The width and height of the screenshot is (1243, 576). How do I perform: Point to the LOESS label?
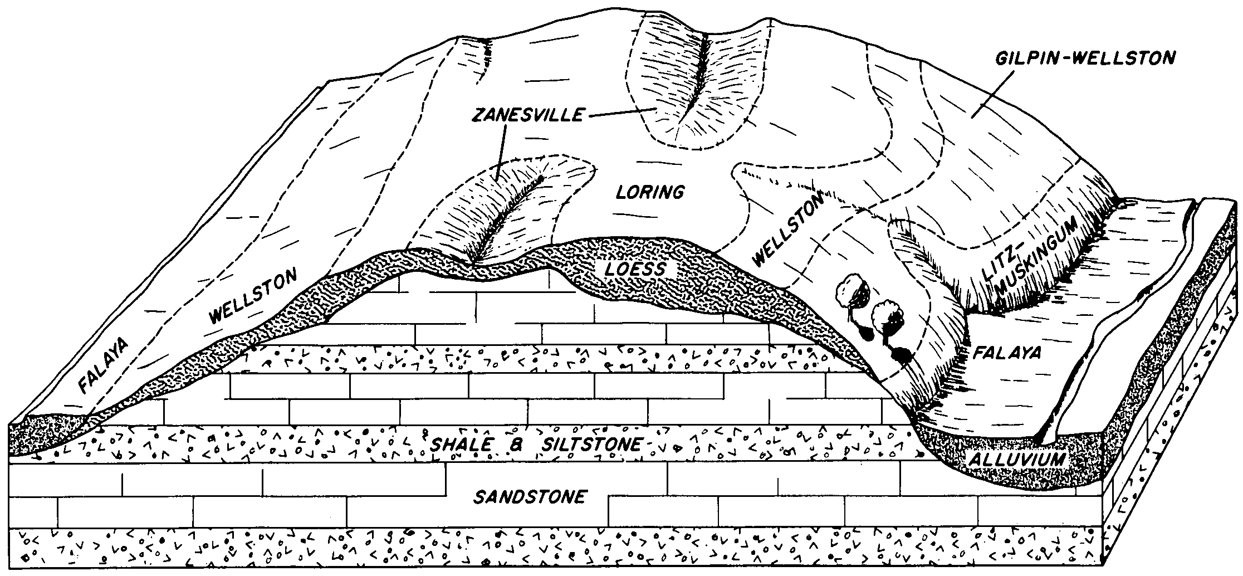(634, 270)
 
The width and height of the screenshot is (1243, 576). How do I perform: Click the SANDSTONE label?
(530, 496)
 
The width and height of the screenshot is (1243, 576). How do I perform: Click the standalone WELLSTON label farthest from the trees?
(253, 296)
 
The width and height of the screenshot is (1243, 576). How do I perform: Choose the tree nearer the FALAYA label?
(889, 329)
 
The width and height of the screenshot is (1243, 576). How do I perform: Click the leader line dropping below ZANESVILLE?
(500, 152)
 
